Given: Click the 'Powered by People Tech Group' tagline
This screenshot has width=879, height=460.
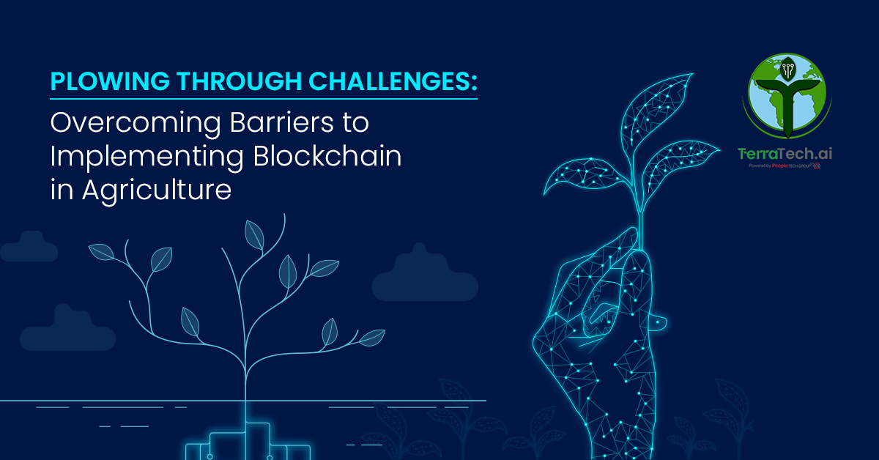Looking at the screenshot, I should [x=784, y=166].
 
